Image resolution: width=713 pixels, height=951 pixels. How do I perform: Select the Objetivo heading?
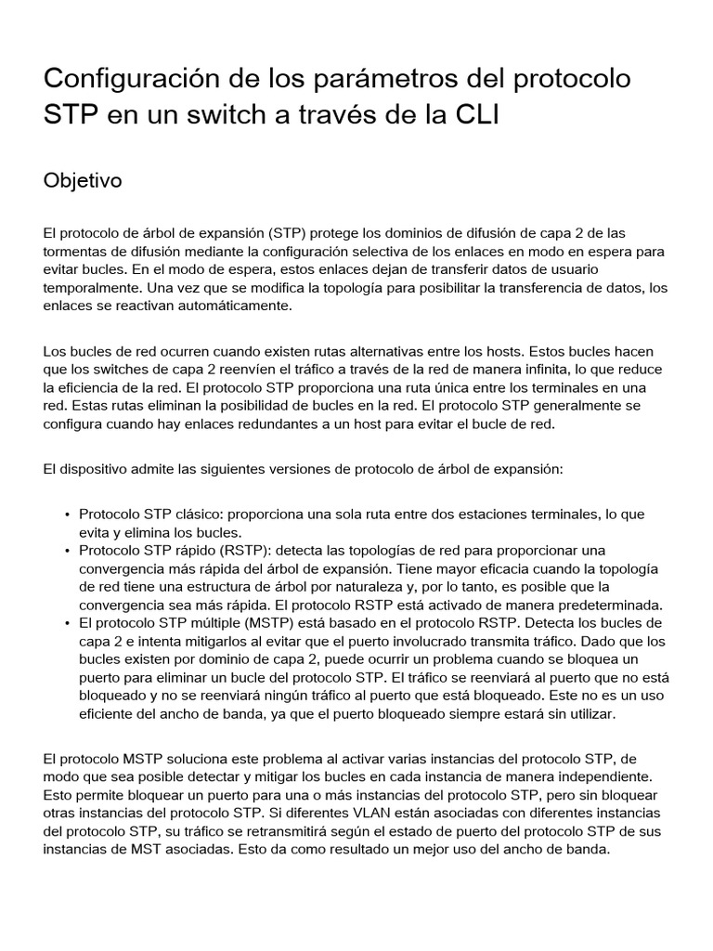tap(83, 180)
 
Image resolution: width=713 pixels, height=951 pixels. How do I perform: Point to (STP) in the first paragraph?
tap(288, 233)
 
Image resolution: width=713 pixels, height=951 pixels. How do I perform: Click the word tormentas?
tap(75, 252)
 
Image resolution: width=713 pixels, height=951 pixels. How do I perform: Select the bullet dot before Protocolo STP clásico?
tap(68, 515)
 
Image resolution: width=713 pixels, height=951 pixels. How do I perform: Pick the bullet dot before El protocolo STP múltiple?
tap(68, 622)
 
